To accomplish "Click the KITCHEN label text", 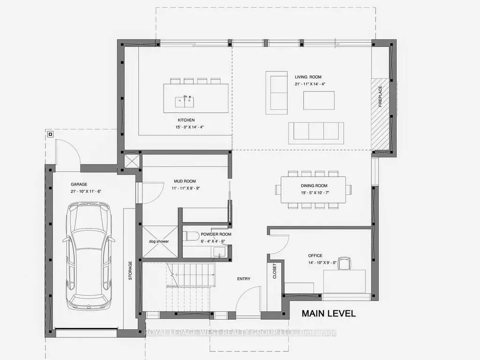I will tap(186, 120).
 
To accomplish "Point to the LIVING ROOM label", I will tap(308, 77).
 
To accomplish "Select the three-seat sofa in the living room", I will tap(315, 131).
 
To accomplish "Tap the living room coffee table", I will tap(319, 100).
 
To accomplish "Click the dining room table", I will tap(314, 189).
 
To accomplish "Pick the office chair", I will tap(345, 264).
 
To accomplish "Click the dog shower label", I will tap(159, 241).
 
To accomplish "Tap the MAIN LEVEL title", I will tap(328, 313).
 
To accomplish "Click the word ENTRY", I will tap(244, 279).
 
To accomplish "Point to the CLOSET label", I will tap(274, 271).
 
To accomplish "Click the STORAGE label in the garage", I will tap(131, 270).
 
